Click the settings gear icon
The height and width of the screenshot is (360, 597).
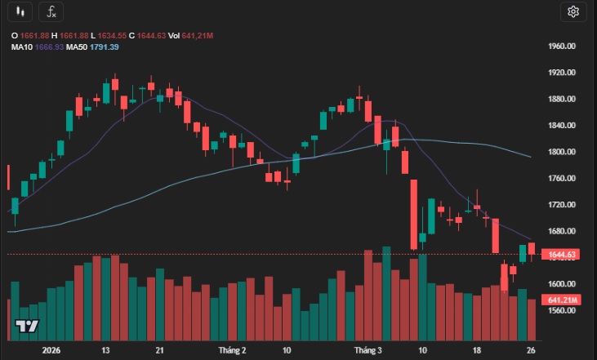pyautogui.click(x=572, y=11)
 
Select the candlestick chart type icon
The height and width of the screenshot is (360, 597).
pyautogui.click(x=22, y=11)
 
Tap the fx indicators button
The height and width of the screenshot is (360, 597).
pyautogui.click(x=51, y=11)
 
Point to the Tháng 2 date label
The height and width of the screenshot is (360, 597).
pyautogui.click(x=233, y=349)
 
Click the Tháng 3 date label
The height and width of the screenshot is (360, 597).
pyautogui.click(x=368, y=349)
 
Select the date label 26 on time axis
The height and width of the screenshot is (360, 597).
pyautogui.click(x=530, y=349)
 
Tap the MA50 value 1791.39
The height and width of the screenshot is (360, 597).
pyautogui.click(x=103, y=47)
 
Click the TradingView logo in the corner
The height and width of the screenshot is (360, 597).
pyautogui.click(x=27, y=327)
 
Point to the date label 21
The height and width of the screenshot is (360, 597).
pyautogui.click(x=160, y=349)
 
